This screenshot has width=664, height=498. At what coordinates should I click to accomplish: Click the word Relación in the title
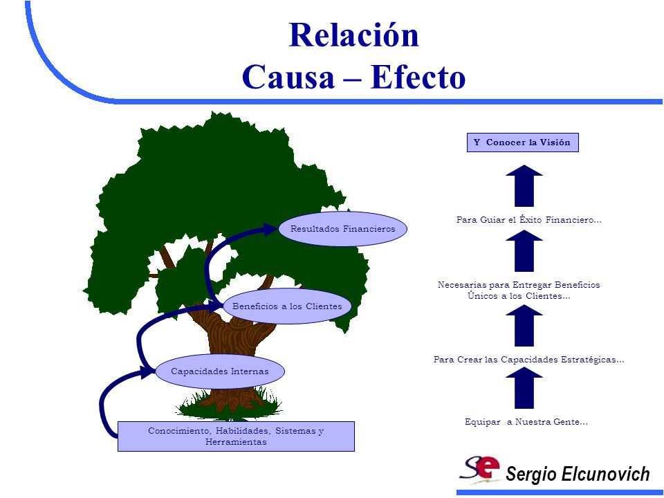point(354,35)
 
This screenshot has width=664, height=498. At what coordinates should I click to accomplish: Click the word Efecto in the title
point(418,77)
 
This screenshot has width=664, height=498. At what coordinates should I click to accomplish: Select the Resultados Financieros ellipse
point(342,229)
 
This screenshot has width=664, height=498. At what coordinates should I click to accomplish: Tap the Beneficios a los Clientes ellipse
point(287,306)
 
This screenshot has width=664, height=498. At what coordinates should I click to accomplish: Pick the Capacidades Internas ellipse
point(220,371)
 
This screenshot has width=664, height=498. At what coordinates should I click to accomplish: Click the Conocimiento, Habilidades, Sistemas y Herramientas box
point(236,436)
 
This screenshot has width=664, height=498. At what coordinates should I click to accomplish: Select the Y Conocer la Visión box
point(523,142)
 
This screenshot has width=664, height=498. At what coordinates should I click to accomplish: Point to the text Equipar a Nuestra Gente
point(526,422)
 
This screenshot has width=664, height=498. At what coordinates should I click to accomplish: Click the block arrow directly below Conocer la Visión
point(524,185)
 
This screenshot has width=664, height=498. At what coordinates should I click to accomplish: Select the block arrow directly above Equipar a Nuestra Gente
point(524,387)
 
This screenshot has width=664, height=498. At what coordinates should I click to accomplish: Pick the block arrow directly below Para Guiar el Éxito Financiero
point(524,250)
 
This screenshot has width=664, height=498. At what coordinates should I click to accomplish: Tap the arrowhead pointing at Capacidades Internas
point(147,372)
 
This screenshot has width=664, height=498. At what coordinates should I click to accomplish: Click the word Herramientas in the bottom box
point(236,442)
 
